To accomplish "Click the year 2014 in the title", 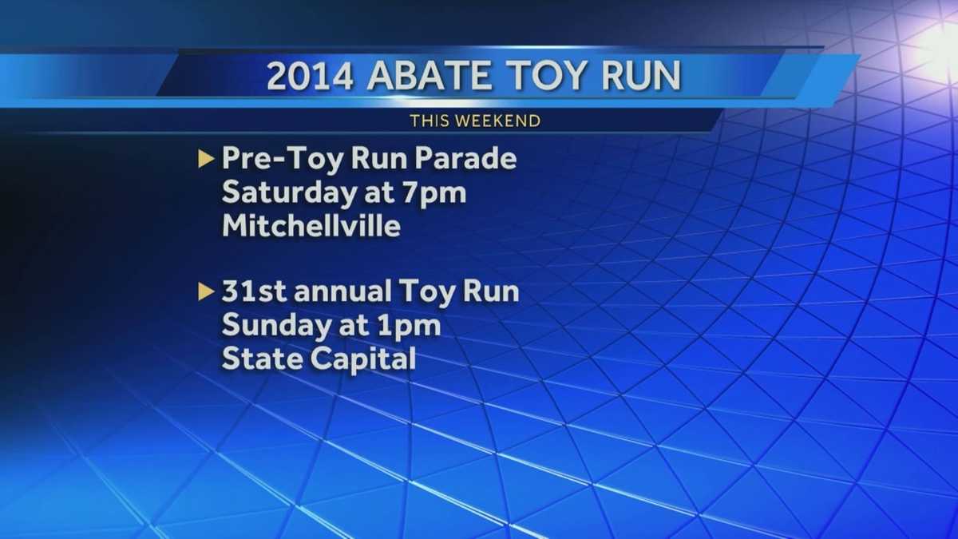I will pos(308,76).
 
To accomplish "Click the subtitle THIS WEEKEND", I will pos(475,121).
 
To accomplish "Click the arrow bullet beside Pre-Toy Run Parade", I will pos(206,159).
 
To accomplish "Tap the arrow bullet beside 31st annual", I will pos(206,292).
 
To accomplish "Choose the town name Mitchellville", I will pos(311,226).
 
